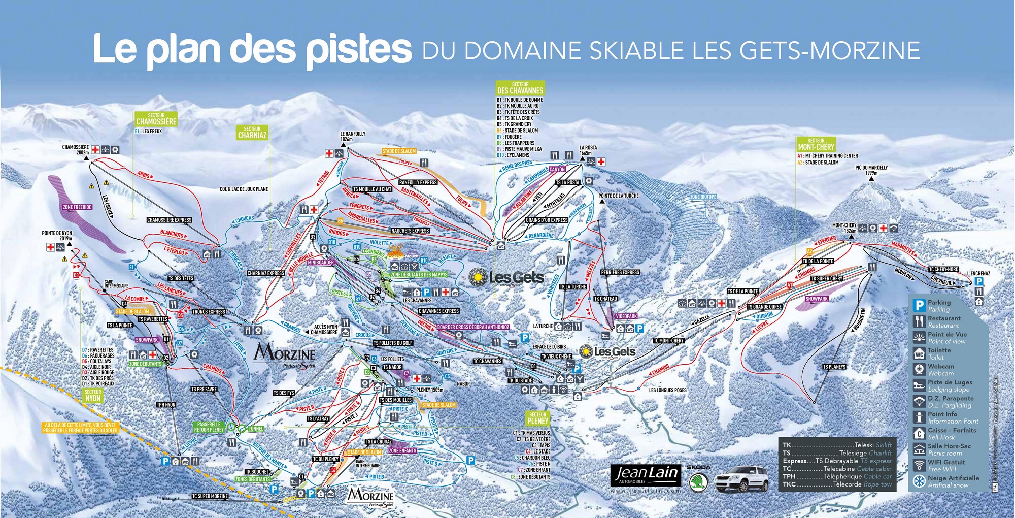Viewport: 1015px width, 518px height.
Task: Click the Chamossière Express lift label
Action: [x=169, y=220]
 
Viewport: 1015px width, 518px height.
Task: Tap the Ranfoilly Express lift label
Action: [x=418, y=182]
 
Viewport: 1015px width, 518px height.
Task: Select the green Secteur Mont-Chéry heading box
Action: [x=816, y=144]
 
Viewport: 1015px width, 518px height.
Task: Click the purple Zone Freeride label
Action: [x=77, y=207]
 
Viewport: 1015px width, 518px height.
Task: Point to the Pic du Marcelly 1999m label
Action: [x=871, y=170]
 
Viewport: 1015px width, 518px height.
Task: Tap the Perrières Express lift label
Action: [x=620, y=272]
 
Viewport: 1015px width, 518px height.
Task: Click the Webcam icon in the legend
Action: [x=919, y=369]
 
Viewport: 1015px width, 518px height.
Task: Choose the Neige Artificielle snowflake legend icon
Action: [x=919, y=481]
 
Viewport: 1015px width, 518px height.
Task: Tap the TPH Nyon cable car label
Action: [x=166, y=405]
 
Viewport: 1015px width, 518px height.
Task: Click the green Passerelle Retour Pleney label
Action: [x=209, y=427]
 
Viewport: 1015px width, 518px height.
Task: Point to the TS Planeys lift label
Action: [x=834, y=367]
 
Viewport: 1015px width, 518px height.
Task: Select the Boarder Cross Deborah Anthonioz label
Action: [x=473, y=327]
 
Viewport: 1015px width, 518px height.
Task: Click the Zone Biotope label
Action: [x=703, y=197]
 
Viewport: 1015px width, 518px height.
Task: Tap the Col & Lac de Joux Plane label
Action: [x=244, y=189]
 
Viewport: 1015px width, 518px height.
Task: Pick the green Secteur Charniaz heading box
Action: [x=252, y=133]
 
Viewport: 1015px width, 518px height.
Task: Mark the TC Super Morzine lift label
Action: [x=210, y=496]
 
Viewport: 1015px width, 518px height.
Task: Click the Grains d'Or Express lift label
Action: [x=547, y=220]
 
